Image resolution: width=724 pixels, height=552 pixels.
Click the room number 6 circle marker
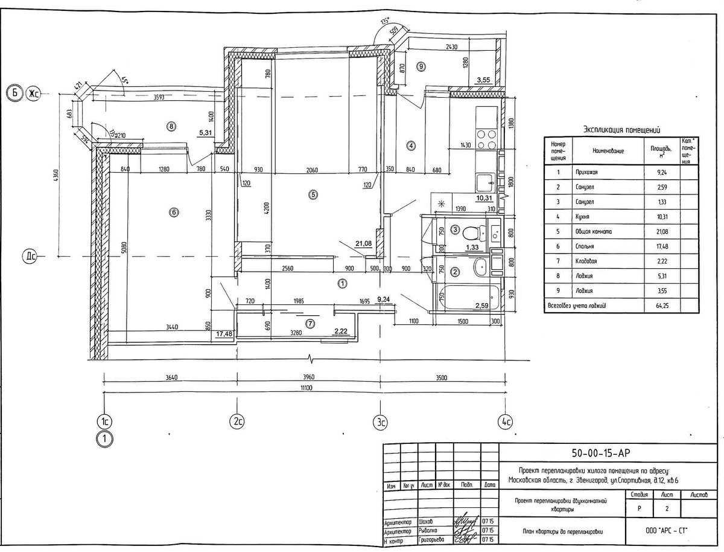pyautogui.click(x=174, y=212)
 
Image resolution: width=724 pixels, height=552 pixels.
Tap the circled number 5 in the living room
pyautogui.click(x=313, y=194)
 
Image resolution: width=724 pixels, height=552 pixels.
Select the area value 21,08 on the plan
pyautogui.click(x=363, y=243)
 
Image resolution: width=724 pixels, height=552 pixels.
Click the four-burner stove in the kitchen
pyautogui.click(x=486, y=140)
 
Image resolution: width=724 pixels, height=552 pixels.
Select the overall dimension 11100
pyautogui.click(x=304, y=388)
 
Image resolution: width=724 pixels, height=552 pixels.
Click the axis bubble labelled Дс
pyautogui.click(x=30, y=256)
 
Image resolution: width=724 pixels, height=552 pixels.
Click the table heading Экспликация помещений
pyautogui.click(x=622, y=129)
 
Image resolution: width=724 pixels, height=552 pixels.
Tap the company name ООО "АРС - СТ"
pyautogui.click(x=666, y=531)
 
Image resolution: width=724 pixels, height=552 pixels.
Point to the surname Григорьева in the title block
pyautogui.click(x=431, y=539)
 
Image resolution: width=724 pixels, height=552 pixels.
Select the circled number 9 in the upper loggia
pyautogui.click(x=421, y=66)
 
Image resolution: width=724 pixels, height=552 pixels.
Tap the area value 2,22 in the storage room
pyautogui.click(x=342, y=330)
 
